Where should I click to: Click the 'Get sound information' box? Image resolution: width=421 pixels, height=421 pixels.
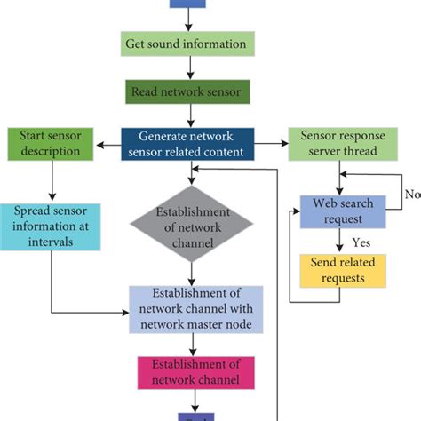pyautogui.click(x=187, y=44)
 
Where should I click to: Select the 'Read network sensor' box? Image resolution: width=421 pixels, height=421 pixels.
pyautogui.click(x=187, y=91)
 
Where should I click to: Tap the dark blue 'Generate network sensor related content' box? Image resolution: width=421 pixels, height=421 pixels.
pyautogui.click(x=187, y=145)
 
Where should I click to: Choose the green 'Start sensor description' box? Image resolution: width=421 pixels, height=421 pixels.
pyautogui.click(x=50, y=145)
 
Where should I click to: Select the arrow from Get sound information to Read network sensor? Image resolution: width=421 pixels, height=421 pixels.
pyautogui.click(x=187, y=68)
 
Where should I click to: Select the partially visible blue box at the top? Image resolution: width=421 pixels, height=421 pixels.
pyautogui.click(x=187, y=4)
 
